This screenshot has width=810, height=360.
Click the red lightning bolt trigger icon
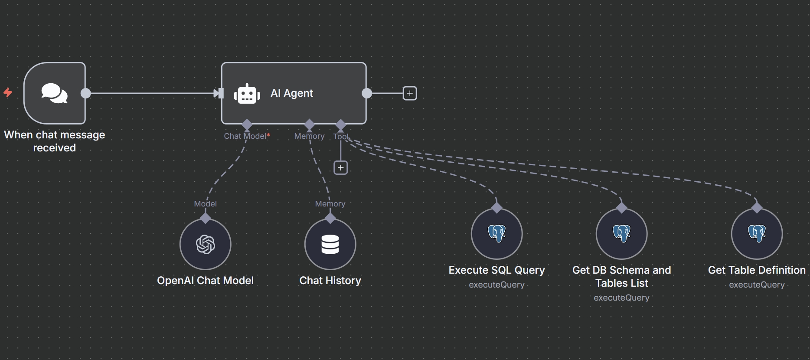pos(8,92)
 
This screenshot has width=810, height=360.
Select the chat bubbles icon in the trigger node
pos(54,93)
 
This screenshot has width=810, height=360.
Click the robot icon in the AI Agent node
pos(247,94)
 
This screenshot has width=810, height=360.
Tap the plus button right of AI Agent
pos(410,93)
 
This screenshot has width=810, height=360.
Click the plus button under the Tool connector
pos(341,167)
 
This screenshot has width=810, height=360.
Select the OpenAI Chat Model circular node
pos(206,244)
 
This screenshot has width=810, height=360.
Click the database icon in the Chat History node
pos(330,244)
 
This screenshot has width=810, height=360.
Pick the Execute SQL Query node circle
pos(497,234)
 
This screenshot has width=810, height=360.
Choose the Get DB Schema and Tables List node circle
pos(622,234)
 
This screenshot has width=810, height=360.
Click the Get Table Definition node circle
pos(757,234)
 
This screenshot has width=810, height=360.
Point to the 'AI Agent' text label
pos(292,93)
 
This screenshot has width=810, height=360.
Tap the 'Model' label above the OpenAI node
pos(206,204)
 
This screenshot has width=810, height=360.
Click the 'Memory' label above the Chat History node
pos(330,204)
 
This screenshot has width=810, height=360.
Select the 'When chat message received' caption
pos(55,141)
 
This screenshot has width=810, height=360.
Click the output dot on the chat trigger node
pos(86,93)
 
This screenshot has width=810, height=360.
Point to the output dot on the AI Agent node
pos(367,93)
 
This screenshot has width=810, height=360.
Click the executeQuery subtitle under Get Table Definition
pos(757,285)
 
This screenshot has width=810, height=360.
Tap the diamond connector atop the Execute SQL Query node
pos(497,208)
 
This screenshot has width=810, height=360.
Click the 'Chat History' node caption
pos(330,281)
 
